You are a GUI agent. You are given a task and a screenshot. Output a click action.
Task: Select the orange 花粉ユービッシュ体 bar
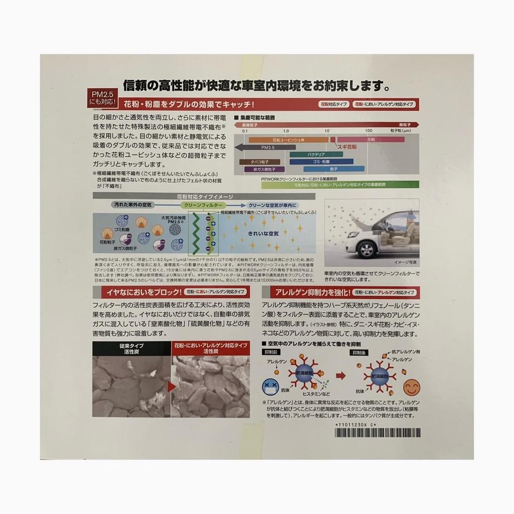287,140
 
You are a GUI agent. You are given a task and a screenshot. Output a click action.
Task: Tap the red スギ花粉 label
346,148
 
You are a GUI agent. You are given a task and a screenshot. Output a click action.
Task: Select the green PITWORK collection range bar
340,185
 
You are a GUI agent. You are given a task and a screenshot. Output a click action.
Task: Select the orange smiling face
412,387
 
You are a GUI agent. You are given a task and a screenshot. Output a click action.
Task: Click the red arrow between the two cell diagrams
341,375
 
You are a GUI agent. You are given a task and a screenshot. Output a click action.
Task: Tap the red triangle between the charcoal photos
171,387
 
